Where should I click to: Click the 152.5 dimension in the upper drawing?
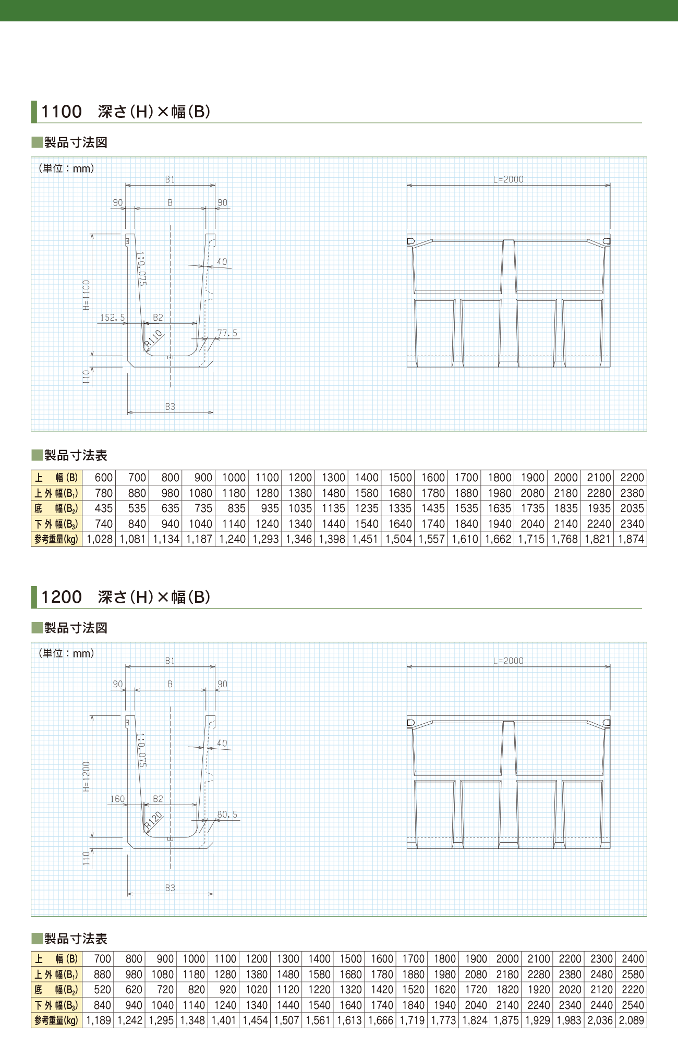coord(112,317)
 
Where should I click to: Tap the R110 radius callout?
coord(154,339)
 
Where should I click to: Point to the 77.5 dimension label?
coord(227,333)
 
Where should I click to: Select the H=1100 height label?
coord(87,295)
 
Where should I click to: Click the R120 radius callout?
coord(154,820)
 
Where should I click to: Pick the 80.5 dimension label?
coord(227,814)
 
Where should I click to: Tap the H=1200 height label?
coord(87,776)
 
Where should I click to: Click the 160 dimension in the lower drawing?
coord(117,799)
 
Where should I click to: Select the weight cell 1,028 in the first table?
coord(99,539)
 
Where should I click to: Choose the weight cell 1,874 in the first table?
coord(631,539)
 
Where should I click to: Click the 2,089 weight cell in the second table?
coord(632,1020)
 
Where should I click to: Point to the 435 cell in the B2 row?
coord(103,508)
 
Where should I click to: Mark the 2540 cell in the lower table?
coord(633,1005)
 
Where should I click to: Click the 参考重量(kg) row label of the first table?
coord(56,539)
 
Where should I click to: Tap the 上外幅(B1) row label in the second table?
coord(56,974)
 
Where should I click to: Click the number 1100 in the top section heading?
coord(62,112)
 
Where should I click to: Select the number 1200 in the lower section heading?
coord(62,597)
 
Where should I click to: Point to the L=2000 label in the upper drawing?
coord(508,179)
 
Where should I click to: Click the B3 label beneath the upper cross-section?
coord(170,407)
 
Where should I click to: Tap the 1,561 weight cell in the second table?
coord(318,1020)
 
